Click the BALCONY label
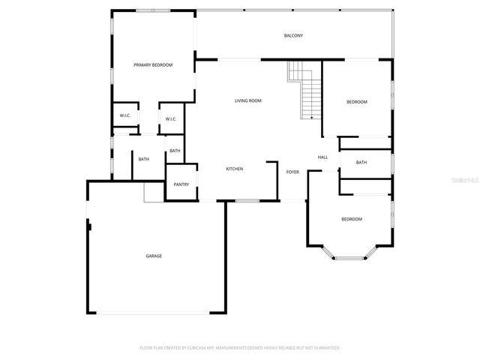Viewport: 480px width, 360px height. tap(293, 36)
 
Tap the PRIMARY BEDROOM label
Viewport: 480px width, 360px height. tap(153, 65)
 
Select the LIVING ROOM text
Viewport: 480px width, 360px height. tap(247, 100)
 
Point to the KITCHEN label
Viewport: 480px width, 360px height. tap(235, 169)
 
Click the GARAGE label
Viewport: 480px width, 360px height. tap(154, 256)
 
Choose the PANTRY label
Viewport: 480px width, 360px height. tap(181, 184)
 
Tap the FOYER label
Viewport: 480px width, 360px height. tap(292, 172)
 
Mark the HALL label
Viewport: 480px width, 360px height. tap(322, 157)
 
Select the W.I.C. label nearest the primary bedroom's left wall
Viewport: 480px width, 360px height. tap(125, 115)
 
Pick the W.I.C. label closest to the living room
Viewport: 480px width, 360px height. tap(170, 118)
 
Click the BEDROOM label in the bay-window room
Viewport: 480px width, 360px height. tap(351, 219)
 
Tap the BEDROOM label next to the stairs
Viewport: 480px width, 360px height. tap(356, 102)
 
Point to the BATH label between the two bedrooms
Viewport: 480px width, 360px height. tap(361, 163)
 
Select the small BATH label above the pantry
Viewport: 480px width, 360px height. tap(175, 151)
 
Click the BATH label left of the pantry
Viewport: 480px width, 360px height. tap(143, 159)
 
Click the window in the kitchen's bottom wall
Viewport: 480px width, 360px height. tap(247, 201)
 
